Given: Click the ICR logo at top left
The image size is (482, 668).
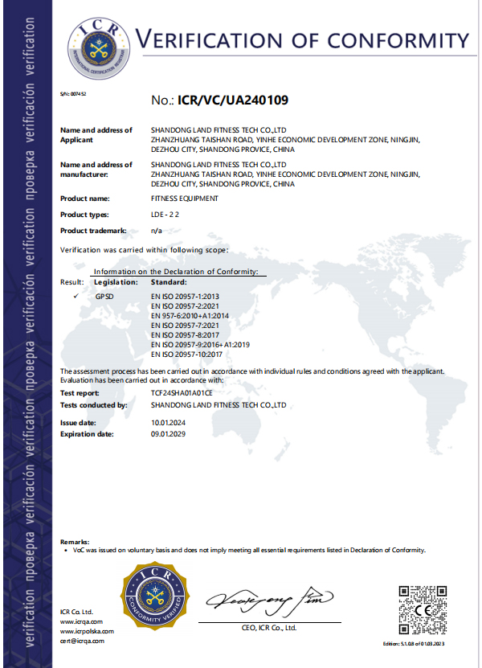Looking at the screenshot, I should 96,41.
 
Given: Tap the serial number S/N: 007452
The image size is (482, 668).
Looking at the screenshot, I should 73,94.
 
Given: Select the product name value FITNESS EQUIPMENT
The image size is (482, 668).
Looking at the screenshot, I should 184,198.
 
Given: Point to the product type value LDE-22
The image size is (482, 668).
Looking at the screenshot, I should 165,215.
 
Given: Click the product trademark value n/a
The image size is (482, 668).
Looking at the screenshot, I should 157,231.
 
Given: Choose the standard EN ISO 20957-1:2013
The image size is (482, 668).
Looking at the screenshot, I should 185,297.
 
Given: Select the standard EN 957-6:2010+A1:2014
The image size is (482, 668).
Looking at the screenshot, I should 190,316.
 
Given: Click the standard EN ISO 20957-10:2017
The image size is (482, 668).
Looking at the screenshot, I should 187,354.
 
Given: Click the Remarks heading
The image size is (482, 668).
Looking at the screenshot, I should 75,543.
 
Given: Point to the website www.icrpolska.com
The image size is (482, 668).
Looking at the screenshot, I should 87,631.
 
